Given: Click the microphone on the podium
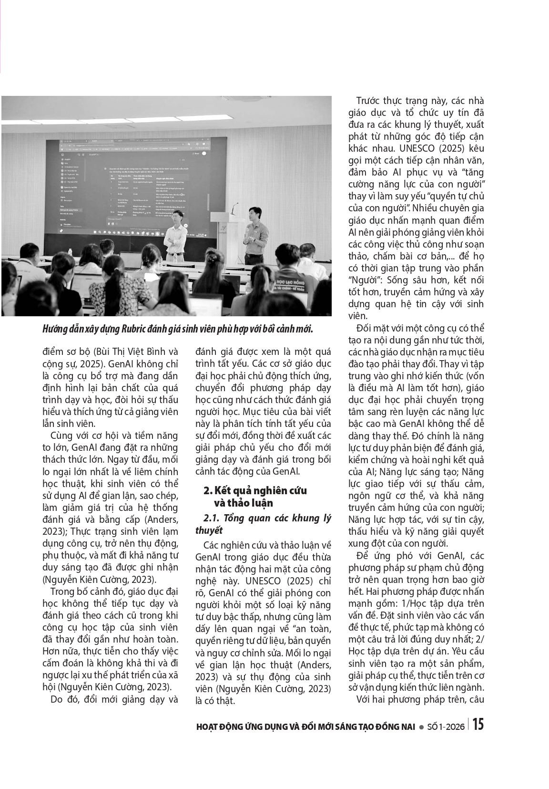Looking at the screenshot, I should click(x=233, y=208).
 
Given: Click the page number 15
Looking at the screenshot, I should click(x=478, y=725).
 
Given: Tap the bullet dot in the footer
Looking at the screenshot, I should click(x=421, y=727).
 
